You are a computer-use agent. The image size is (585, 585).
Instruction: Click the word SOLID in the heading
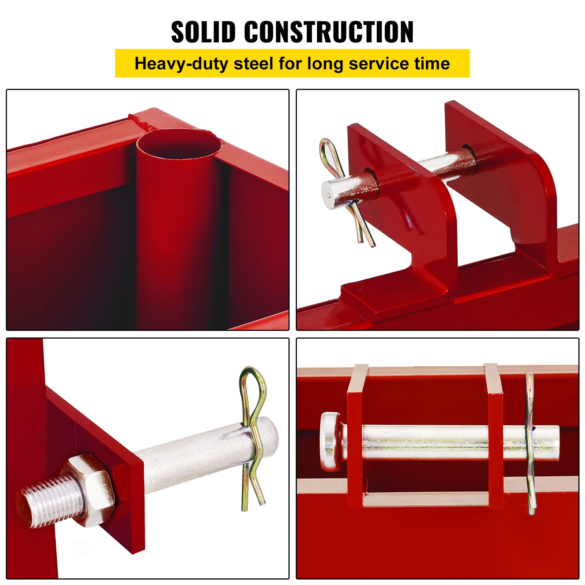(203, 32)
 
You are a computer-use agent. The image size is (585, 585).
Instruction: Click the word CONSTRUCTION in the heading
(329, 32)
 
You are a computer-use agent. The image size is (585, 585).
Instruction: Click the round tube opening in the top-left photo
(179, 144)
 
